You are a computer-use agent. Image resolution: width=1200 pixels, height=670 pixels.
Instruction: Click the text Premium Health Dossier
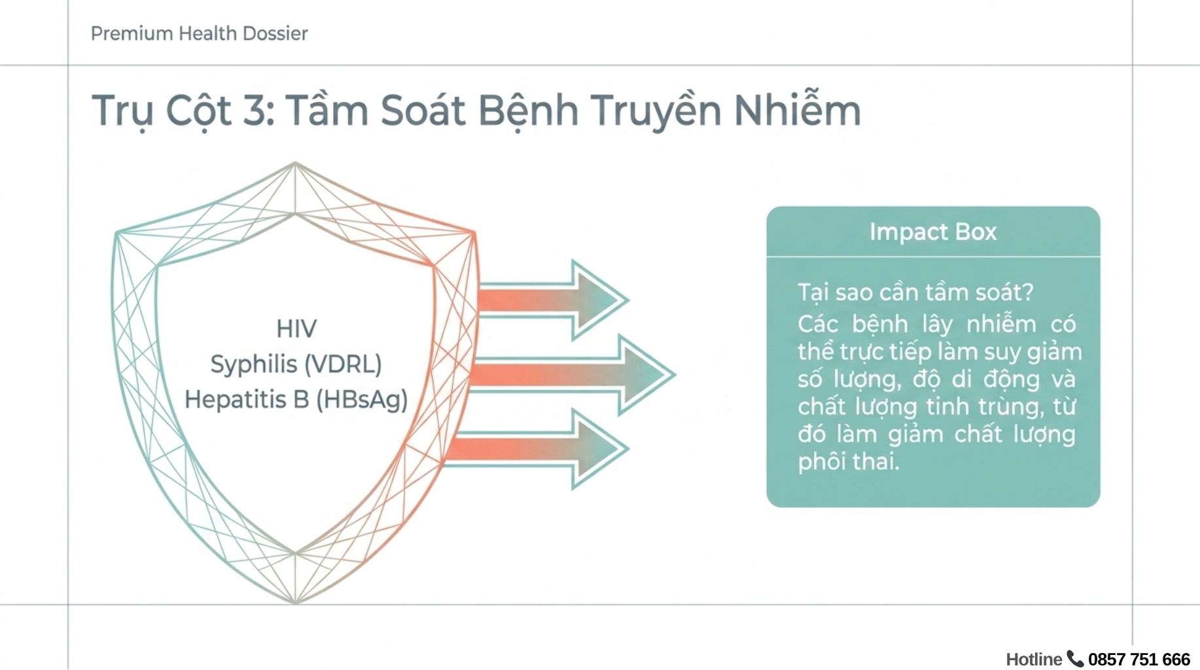pyautogui.click(x=199, y=33)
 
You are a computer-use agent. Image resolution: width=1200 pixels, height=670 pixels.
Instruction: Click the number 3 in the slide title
pyautogui.click(x=255, y=110)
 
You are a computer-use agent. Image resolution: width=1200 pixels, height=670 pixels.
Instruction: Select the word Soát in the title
pyautogui.click(x=423, y=110)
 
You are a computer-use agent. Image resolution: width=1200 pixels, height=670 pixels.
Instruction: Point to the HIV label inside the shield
pyautogui.click(x=296, y=328)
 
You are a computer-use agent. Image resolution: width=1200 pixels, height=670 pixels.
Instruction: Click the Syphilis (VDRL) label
pyautogui.click(x=296, y=364)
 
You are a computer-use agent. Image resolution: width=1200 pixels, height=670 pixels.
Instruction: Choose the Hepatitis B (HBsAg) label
pyautogui.click(x=296, y=399)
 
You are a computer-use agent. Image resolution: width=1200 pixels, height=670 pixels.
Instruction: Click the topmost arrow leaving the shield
pyautogui.click(x=554, y=300)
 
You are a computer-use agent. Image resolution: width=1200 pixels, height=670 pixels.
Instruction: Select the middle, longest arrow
pyautogui.click(x=573, y=375)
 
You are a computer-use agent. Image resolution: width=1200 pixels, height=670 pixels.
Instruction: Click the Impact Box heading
pyautogui.click(x=933, y=232)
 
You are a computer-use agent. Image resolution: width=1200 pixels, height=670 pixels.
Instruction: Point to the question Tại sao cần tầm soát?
pyautogui.click(x=915, y=292)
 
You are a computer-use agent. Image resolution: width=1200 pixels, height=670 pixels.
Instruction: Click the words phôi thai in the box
pyautogui.click(x=849, y=461)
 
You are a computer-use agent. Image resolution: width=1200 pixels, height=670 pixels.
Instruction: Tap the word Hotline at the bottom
pyautogui.click(x=1034, y=659)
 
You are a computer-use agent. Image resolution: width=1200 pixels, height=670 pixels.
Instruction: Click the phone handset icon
pyautogui.click(x=1075, y=658)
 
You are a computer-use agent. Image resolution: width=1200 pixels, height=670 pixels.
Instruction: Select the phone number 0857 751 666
pyautogui.click(x=1139, y=659)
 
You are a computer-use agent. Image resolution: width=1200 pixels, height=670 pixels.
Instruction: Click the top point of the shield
pyautogui.click(x=295, y=162)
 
